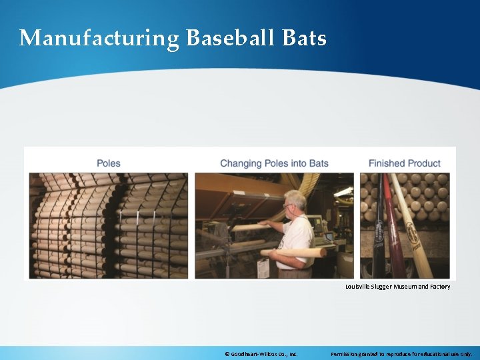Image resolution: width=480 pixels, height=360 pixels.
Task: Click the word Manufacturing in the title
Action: coord(99,38)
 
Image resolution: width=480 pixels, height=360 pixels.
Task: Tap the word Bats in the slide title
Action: coord(304,38)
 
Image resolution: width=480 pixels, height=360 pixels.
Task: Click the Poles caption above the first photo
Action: coord(109,163)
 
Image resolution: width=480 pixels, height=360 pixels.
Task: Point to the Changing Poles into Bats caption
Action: coord(274,163)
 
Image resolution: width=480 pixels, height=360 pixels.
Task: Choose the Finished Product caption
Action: coord(404,163)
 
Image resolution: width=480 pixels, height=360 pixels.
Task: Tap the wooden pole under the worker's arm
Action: coord(293,253)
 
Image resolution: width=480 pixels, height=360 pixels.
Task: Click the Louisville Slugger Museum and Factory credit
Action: coord(397,287)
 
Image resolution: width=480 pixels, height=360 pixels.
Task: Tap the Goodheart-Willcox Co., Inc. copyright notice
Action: coord(262,354)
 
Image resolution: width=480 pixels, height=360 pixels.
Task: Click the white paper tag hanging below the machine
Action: coord(263,268)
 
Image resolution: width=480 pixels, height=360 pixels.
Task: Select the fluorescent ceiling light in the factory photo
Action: coord(343,191)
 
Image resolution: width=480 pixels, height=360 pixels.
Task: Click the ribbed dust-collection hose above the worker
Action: coord(307,183)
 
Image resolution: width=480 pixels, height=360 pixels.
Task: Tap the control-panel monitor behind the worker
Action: coord(327,227)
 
